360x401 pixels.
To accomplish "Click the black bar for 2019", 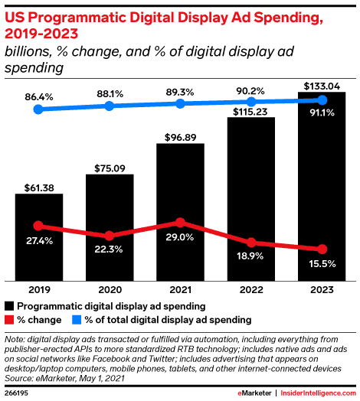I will coord(39,237).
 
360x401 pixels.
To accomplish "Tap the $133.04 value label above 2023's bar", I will coord(322,86).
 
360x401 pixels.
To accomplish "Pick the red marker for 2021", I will coord(180,223).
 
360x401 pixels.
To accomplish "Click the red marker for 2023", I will coord(322,249).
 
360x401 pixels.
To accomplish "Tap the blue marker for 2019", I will coord(39,109).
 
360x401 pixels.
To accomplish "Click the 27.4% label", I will coord(39,241).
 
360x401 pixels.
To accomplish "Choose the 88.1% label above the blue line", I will coord(110,92).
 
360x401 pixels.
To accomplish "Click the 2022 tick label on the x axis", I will coord(250,291).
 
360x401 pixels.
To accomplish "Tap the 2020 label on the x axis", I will coord(110,291).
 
